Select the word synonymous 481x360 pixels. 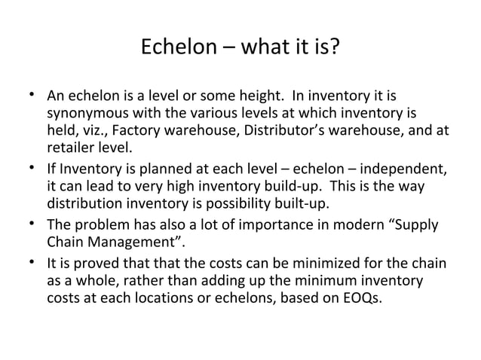click(87, 114)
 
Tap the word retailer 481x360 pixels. click(69, 148)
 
